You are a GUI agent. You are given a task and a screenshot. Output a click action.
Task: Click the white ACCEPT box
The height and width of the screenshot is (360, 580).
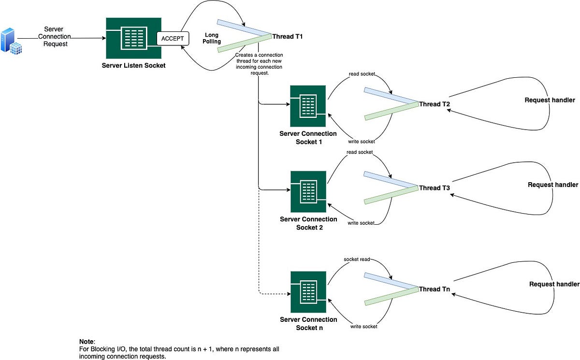(172, 39)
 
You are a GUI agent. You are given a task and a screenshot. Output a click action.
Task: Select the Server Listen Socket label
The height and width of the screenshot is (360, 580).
(133, 65)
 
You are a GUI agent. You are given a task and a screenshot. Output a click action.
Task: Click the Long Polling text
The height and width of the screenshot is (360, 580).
(212, 38)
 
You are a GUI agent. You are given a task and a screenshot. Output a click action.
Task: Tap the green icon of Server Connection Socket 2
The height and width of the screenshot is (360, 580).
(308, 191)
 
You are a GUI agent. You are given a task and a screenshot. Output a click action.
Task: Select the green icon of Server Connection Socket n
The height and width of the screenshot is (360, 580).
(308, 292)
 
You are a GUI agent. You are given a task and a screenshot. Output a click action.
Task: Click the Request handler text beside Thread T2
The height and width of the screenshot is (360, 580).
(550, 100)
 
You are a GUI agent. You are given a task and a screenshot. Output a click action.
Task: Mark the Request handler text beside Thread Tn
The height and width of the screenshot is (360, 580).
(554, 284)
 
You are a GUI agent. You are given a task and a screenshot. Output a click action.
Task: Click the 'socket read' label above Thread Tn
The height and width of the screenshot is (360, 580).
(357, 259)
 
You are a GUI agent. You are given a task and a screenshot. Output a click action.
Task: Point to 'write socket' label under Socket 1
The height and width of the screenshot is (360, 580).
(361, 142)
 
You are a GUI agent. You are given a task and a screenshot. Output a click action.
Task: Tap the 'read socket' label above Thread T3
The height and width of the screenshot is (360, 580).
(359, 152)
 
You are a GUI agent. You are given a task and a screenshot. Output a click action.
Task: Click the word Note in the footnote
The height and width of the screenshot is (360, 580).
(87, 341)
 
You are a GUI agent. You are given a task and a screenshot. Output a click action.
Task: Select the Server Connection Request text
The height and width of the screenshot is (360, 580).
(54, 36)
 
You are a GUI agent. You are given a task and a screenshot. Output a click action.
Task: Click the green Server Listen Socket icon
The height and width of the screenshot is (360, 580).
(133, 38)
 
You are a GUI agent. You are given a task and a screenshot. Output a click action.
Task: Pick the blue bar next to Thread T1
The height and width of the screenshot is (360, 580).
(244, 28)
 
